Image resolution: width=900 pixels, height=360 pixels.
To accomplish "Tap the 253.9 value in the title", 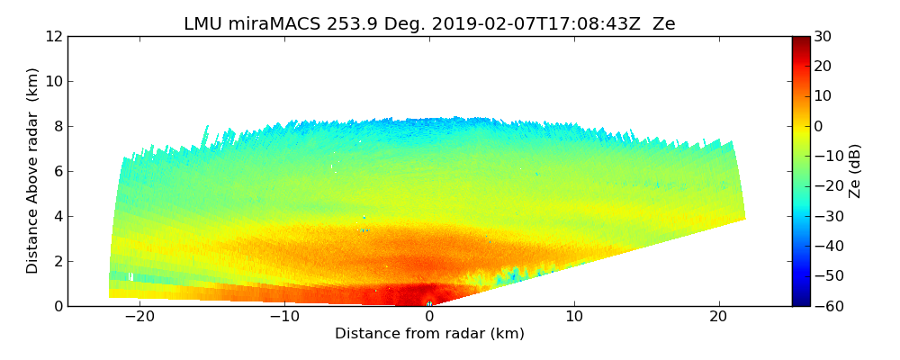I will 343,24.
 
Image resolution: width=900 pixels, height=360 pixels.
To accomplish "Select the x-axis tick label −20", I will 139,317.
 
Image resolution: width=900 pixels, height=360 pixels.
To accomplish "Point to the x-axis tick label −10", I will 284,317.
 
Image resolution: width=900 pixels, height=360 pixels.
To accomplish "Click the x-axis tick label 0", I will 429,317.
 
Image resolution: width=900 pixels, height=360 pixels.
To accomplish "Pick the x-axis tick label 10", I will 574,317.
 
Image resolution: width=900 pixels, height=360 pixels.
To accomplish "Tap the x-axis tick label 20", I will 718,317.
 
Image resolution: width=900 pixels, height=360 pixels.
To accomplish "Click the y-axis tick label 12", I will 53,36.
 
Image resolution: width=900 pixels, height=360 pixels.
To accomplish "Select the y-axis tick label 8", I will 57,126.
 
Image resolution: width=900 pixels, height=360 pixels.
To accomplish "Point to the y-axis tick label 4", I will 57,216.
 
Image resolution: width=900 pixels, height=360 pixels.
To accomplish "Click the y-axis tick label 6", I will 57,171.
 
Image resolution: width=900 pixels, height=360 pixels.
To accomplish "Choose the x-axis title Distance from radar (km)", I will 429,334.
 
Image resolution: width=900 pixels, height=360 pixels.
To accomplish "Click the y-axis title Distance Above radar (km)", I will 33,171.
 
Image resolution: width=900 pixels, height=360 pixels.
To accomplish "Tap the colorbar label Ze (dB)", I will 855,171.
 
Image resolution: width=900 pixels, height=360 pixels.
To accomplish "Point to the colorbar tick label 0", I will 820,126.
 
